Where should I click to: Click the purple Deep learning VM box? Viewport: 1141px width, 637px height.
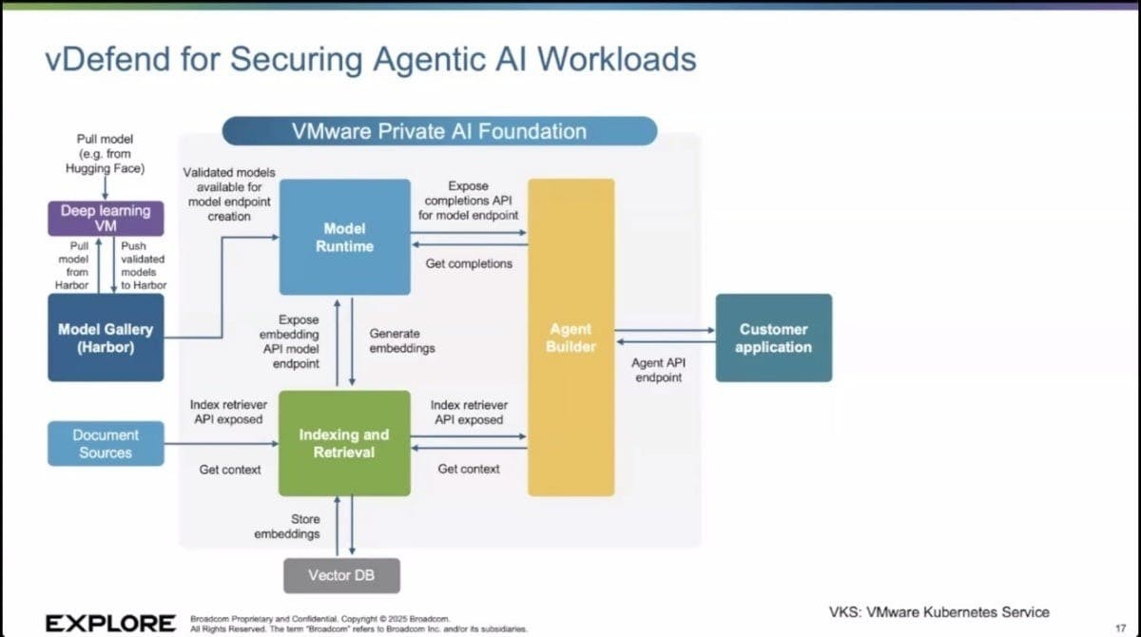[x=106, y=219]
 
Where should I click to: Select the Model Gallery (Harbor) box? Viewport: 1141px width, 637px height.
[x=106, y=338]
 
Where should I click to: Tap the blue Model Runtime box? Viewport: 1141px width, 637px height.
[x=344, y=237]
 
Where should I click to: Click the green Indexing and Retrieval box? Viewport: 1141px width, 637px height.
[x=344, y=443]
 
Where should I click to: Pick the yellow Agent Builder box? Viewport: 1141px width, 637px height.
[x=570, y=338]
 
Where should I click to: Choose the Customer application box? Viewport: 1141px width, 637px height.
[x=773, y=338]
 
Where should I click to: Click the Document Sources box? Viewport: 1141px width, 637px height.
[x=106, y=444]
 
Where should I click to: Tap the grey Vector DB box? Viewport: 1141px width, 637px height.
[x=342, y=575]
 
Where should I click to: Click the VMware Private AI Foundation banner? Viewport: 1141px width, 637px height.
[x=439, y=131]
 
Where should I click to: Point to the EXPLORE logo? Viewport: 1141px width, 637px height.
[x=110, y=623]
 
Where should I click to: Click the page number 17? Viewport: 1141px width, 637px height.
[x=1119, y=627]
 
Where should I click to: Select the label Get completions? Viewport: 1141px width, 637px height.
[x=469, y=263]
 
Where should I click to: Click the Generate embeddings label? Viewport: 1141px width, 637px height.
[x=402, y=341]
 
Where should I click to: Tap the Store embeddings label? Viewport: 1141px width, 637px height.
[x=287, y=527]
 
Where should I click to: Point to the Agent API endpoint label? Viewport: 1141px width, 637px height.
[x=658, y=370]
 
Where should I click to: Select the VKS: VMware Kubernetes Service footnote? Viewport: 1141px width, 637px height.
[x=938, y=612]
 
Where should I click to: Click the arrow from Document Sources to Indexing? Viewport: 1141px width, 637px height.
[x=221, y=445]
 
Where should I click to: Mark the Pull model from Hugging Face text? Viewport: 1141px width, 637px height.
[x=105, y=153]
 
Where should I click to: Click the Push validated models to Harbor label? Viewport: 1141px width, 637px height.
[x=144, y=265]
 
